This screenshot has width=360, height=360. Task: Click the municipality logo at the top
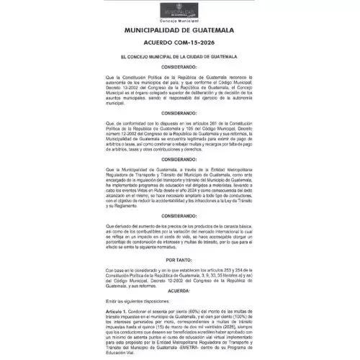coord(180,12)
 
